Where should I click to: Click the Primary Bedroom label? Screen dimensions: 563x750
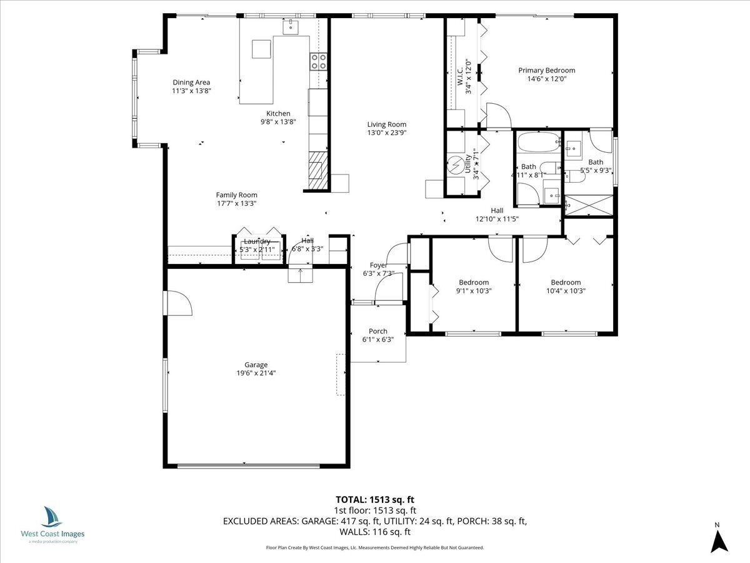546,71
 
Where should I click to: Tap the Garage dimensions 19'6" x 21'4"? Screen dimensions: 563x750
256,373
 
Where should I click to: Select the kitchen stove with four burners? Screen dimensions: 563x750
318,61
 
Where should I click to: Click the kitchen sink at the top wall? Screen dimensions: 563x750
291,26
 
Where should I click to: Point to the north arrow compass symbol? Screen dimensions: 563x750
719,540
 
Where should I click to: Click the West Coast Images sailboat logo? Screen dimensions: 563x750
52,517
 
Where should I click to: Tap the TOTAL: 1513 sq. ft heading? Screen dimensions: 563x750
375,499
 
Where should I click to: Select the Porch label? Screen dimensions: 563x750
377,331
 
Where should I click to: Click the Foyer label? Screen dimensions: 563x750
378,265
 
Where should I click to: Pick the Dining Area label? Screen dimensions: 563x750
191,82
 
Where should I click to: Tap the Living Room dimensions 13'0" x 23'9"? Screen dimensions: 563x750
386,133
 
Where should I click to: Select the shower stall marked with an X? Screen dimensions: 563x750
588,205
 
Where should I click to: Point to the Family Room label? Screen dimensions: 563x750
236,195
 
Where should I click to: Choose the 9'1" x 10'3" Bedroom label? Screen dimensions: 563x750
473,282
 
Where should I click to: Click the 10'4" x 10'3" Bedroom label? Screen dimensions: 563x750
565,282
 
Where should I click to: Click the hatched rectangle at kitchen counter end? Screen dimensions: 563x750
317,170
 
